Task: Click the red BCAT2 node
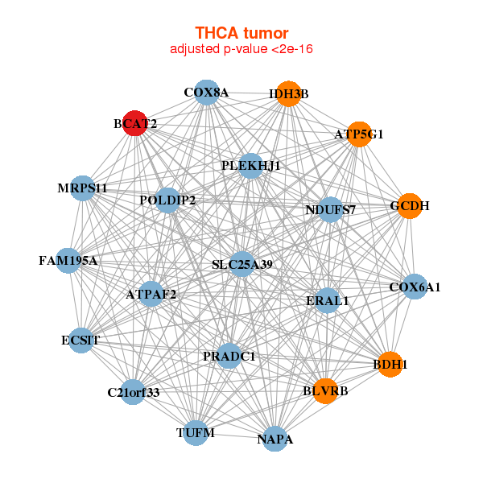[134, 125]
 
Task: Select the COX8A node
[207, 92]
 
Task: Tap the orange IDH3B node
[288, 94]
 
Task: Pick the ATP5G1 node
[359, 134]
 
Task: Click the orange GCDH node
[410, 206]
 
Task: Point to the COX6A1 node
[414, 287]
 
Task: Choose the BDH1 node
[390, 364]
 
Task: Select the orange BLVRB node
[325, 390]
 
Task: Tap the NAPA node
[275, 439]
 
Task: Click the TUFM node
[196, 433]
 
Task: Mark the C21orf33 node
[134, 392]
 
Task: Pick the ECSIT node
[80, 340]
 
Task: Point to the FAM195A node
[68, 261]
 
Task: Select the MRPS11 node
[82, 188]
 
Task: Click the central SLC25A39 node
[242, 264]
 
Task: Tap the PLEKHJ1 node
[251, 166]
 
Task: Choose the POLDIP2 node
[167, 200]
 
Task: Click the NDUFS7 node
[330, 210]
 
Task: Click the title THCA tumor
[242, 33]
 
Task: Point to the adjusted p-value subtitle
[242, 49]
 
